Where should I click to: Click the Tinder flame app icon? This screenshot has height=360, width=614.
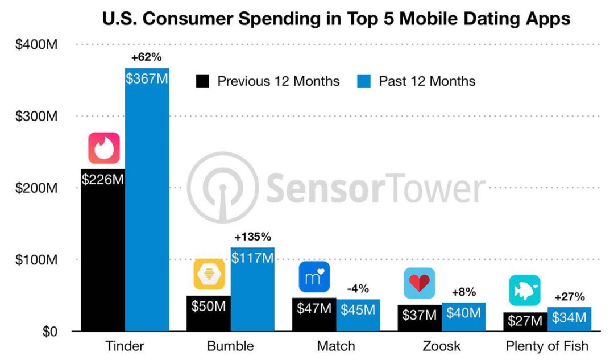pos(103,148)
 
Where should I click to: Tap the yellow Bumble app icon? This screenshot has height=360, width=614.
pos(209,274)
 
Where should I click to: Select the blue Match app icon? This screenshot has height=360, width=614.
pos(314,276)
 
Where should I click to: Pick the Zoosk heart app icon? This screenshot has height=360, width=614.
pos(420,283)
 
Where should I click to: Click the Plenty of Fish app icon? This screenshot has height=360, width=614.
pos(524,290)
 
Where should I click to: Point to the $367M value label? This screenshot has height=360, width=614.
pos(147,79)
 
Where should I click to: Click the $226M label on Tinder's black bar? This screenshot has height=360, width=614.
pos(103,180)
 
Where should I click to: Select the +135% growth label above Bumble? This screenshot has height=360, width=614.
pos(252,237)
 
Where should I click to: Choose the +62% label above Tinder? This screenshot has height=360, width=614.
pos(147,57)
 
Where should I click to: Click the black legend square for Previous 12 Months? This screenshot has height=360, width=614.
pos(202,81)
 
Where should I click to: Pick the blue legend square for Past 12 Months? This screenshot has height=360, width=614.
pos(364,81)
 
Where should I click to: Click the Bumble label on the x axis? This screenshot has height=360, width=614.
pos(230,346)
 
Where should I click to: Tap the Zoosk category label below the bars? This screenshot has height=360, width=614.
pos(442,346)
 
